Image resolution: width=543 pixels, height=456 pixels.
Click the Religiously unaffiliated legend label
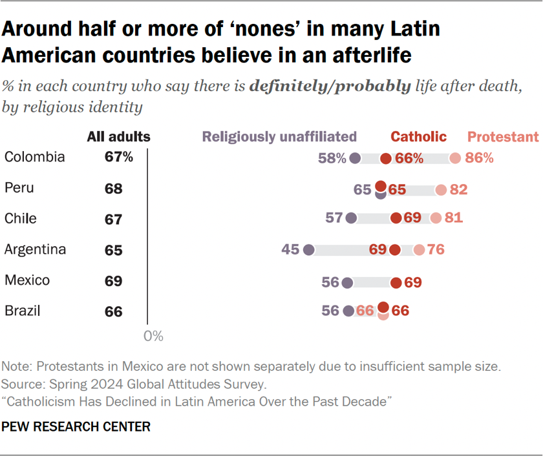(279, 136)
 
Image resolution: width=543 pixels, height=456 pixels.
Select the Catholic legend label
(418, 136)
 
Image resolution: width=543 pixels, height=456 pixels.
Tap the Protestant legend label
(502, 136)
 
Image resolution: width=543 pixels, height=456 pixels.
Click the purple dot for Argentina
(308, 250)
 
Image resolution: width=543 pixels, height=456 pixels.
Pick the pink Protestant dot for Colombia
(455, 158)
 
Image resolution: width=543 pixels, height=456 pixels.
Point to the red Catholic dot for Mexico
(396, 282)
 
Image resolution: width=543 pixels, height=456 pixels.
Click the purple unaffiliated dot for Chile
(351, 219)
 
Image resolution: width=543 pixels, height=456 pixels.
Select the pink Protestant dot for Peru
(441, 189)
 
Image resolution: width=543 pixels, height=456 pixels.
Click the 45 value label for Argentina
(290, 250)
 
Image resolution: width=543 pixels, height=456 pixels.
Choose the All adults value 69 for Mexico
(113, 282)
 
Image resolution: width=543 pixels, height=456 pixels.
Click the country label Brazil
(23, 311)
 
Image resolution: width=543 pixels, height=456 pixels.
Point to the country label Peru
(19, 188)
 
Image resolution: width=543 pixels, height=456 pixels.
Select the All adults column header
(118, 136)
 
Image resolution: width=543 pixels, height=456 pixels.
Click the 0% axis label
(153, 337)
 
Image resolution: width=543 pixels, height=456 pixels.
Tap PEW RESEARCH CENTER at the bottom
(76, 427)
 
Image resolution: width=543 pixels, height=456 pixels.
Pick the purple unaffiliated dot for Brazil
(349, 311)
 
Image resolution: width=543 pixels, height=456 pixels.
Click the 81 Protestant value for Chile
(454, 219)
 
